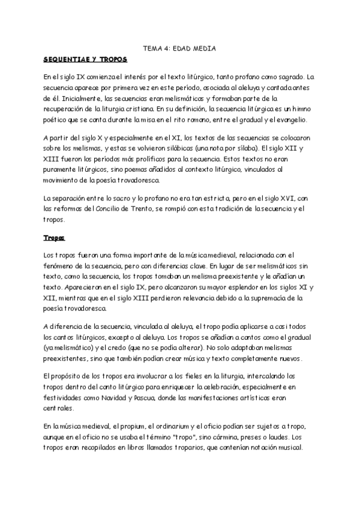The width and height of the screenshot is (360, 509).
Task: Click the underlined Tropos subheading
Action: pos(54,238)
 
